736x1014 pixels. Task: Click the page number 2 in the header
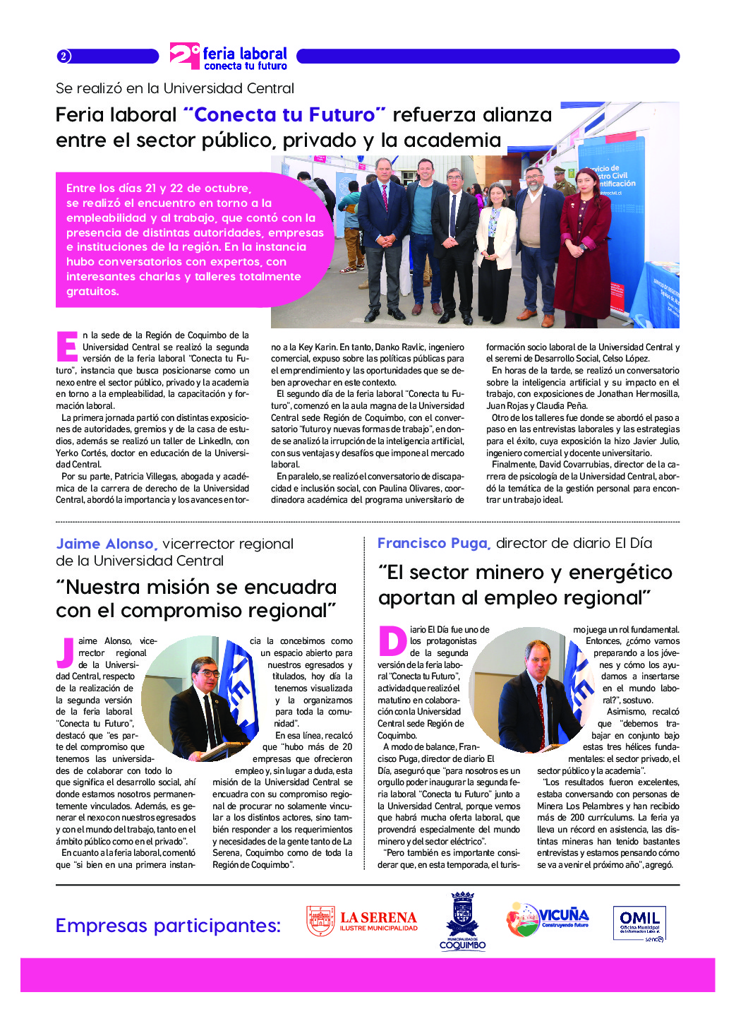[x=64, y=56]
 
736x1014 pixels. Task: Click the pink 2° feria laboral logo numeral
[x=185, y=56]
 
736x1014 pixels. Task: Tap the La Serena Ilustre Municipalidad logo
[x=362, y=921]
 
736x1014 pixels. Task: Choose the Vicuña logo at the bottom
[x=548, y=919]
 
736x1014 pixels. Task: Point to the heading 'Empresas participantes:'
[x=168, y=926]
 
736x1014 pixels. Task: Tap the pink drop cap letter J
[x=66, y=652]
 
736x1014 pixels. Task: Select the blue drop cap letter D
[x=392, y=641]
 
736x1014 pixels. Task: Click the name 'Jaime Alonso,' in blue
[x=107, y=544]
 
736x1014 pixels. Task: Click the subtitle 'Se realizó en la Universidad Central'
[x=175, y=88]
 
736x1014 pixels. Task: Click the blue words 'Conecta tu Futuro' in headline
[x=284, y=114]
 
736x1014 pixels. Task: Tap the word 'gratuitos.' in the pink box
[x=92, y=291]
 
